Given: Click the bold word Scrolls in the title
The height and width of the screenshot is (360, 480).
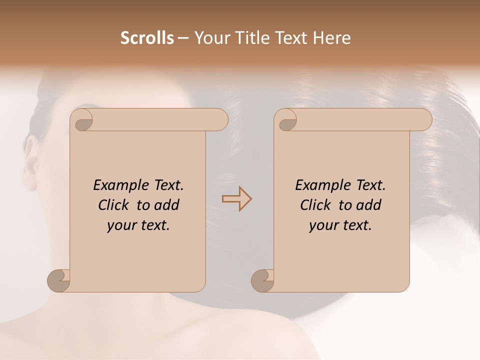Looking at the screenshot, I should [x=147, y=38].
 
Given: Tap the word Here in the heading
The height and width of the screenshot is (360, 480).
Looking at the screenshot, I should [x=332, y=38].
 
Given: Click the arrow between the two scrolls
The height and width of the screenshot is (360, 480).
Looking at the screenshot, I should [x=236, y=199].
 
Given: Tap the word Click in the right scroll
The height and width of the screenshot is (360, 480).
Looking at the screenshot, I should [x=316, y=205].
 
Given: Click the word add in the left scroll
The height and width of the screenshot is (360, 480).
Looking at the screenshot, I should [x=167, y=205].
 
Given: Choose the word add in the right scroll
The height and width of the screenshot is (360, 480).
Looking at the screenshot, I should [x=369, y=205].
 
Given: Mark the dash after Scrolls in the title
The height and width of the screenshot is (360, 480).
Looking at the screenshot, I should [x=183, y=38].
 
